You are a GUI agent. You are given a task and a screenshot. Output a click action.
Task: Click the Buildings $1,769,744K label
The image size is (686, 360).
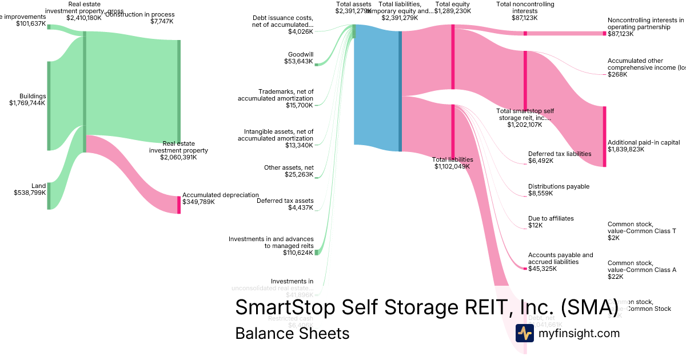(27, 100)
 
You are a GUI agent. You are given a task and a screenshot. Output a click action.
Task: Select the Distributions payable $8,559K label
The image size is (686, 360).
(559, 190)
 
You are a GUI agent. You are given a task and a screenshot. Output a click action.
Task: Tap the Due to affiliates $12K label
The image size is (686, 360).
(551, 222)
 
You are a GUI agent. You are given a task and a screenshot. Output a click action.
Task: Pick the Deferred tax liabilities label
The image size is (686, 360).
(559, 157)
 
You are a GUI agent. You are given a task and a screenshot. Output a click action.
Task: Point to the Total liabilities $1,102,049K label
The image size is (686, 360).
(452, 163)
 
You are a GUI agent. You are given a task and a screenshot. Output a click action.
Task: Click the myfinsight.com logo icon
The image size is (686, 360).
(524, 333)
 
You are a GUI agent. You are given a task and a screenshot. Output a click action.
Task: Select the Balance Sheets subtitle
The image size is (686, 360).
(292, 333)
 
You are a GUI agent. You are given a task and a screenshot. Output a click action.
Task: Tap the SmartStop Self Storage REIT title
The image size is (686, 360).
(426, 307)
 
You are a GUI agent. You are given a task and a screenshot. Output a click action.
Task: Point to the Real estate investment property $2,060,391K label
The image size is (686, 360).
(178, 150)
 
